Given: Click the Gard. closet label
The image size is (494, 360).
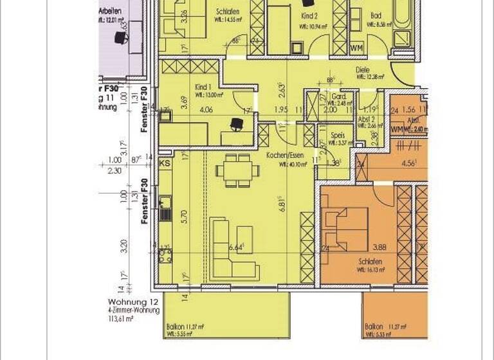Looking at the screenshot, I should coord(338,96).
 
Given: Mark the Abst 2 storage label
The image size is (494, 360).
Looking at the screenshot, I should coord(368,120).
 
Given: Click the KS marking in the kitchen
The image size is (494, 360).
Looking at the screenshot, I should coord(164,164).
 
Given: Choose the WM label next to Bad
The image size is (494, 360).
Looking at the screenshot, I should coord(356,48).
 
